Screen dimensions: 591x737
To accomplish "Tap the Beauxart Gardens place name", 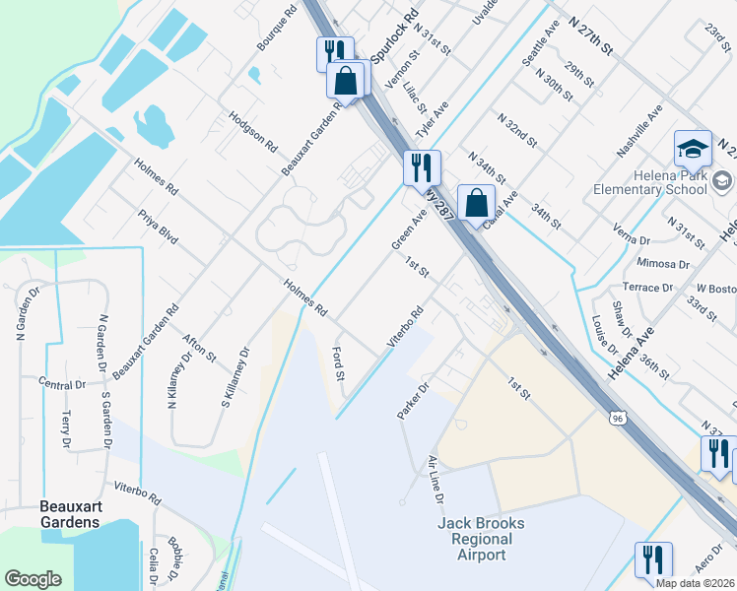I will (69, 513).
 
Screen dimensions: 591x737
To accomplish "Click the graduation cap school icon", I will (693, 149).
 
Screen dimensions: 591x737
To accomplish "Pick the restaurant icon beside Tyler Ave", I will (422, 166).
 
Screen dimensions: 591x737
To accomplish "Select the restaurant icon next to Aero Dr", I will (653, 559).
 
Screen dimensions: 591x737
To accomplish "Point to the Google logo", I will (33, 579).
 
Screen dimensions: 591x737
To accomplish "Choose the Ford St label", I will (339, 362).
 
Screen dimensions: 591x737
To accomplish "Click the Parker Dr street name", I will (414, 401).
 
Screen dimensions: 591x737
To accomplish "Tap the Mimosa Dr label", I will (662, 264).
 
